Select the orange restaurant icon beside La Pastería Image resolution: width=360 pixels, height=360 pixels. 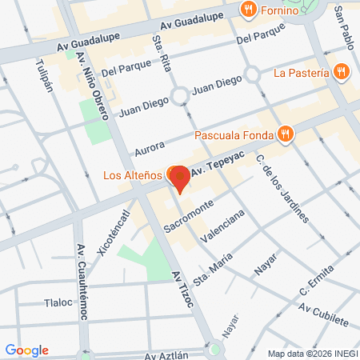[342, 72]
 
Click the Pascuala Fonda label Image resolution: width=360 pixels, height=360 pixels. [234, 134]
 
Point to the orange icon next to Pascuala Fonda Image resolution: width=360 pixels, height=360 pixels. [285, 134]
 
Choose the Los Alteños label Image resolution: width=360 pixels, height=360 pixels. [132, 175]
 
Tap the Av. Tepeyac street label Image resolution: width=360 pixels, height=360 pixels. [214, 168]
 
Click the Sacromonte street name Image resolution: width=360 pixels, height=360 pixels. [189, 217]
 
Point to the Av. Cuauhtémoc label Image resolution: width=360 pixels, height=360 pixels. [80, 281]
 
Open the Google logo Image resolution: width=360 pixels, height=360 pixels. [26, 350]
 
